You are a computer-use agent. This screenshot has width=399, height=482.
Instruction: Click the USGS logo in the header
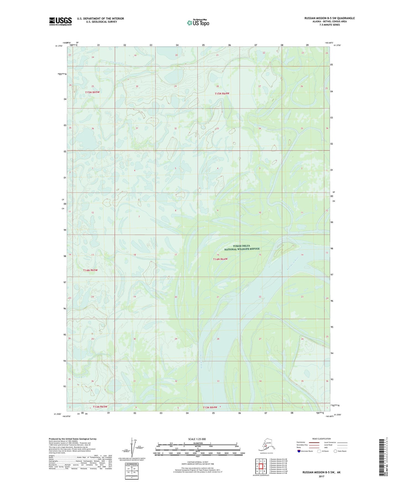coord(60,21)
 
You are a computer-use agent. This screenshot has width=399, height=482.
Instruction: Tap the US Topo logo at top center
coord(198,22)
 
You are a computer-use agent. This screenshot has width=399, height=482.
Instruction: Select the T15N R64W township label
coord(222,94)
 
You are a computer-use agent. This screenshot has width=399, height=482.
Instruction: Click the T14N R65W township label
coord(91,270)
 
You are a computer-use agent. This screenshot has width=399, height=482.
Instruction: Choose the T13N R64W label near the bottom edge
coord(210,407)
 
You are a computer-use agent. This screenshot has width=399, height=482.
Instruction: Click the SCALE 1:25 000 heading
coord(197,439)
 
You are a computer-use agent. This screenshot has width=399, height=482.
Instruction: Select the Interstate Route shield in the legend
coord(299,451)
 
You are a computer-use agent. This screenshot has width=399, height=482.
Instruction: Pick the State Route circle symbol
coord(335,451)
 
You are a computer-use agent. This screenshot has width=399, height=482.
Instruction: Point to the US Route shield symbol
coord(319,451)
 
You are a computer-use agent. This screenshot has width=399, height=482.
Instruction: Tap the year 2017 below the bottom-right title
coord(321,476)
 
